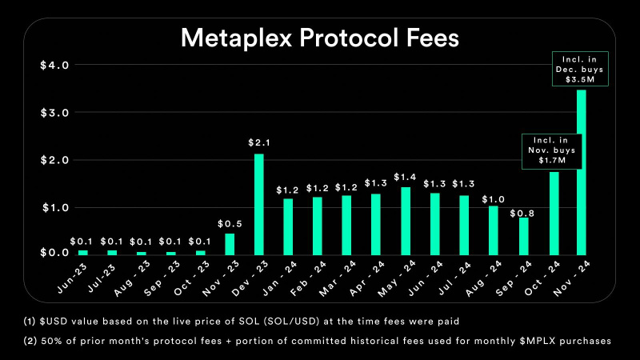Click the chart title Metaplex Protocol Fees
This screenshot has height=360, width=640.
point(319,38)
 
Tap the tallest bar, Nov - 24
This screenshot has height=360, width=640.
point(581,171)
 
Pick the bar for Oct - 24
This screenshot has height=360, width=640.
point(554,213)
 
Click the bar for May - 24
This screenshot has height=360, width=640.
point(406,220)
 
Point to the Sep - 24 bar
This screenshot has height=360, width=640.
point(523,235)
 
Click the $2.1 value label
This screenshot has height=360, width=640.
point(259,142)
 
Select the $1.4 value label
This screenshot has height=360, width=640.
point(406,176)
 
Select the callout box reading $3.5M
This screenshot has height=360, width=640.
point(581,69)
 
